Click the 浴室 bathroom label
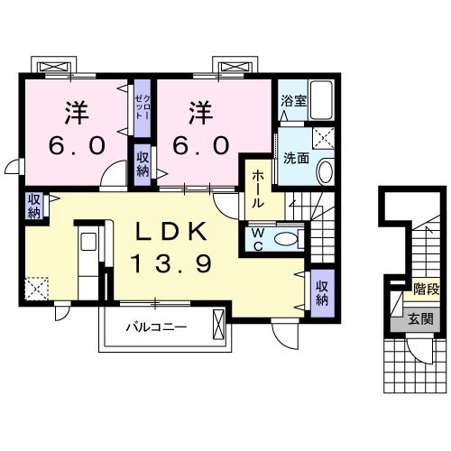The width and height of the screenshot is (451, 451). (x=293, y=102)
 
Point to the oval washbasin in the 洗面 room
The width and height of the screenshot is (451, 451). (x=326, y=170)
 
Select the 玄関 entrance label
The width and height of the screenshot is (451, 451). (x=419, y=318)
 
